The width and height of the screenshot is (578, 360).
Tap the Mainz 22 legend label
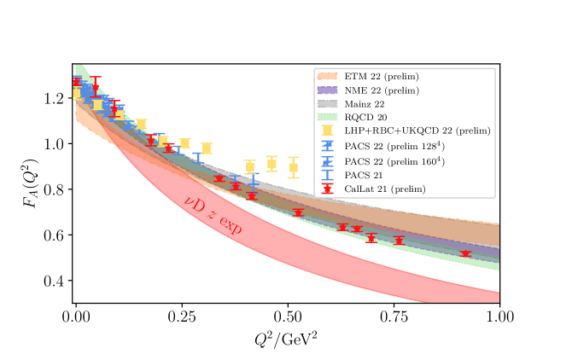click(x=365, y=104)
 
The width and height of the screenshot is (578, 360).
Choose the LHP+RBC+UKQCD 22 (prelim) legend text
click(x=417, y=131)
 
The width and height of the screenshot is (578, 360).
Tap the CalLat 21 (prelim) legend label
click(x=385, y=189)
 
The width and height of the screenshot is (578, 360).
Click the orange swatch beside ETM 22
click(x=327, y=77)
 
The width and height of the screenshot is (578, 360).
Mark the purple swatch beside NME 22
click(x=327, y=90)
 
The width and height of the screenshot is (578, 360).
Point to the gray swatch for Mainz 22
click(x=327, y=104)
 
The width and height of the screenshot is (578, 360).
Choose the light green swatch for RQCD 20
click(x=327, y=117)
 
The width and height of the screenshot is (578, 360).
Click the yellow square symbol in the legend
click(x=327, y=131)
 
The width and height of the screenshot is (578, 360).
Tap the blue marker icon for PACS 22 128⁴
click(x=327, y=145)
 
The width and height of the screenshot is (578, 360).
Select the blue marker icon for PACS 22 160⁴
click(x=327, y=160)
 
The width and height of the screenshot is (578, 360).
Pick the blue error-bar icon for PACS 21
click(x=327, y=175)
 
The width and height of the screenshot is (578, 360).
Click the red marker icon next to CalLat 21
click(x=327, y=189)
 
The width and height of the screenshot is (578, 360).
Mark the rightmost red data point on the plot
click(x=464, y=253)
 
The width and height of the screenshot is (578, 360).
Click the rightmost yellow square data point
click(x=293, y=167)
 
